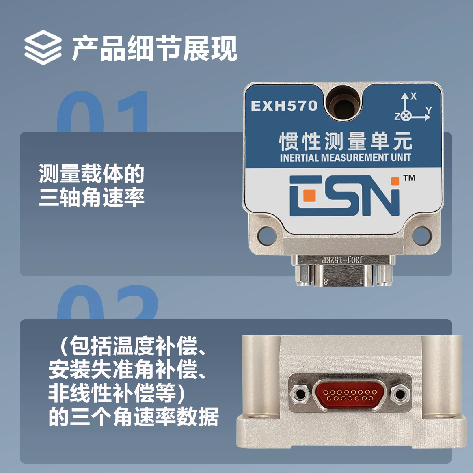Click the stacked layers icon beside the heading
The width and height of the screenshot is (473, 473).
[43, 47]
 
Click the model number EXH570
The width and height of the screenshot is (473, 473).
[284, 106]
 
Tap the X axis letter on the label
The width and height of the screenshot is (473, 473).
[414, 96]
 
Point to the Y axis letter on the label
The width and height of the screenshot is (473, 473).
[429, 110]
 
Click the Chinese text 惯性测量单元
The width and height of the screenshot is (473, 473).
[346, 142]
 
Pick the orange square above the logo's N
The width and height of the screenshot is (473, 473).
[395, 181]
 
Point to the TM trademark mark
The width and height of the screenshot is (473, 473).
[410, 178]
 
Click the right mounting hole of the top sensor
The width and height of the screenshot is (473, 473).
[422, 236]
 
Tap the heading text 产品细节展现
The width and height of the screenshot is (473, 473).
[155, 48]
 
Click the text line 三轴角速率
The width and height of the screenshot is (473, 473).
[91, 197]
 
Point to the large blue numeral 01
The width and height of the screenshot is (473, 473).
[102, 112]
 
